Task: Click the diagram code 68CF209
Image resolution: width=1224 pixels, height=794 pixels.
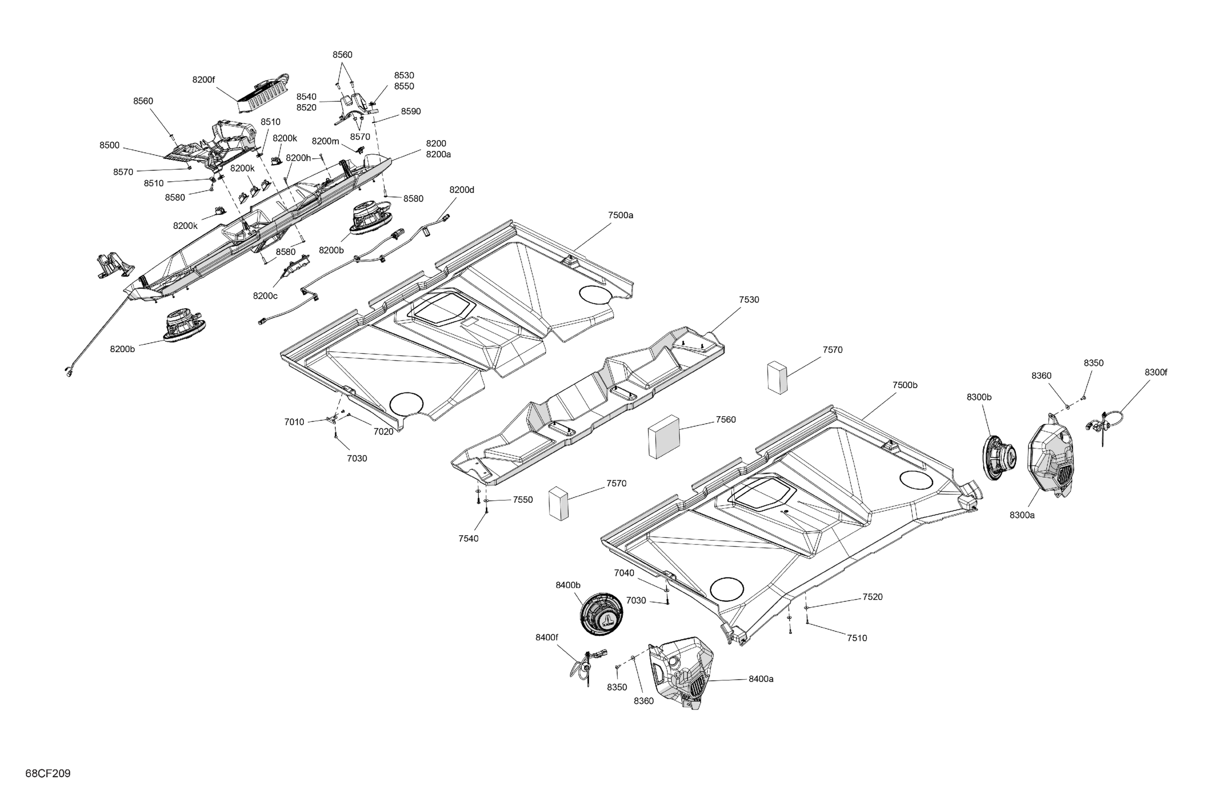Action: point(48,773)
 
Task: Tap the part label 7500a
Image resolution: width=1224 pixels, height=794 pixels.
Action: point(620,215)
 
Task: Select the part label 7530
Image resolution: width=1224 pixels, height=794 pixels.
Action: point(748,299)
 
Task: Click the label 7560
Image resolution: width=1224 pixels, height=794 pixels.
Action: point(725,419)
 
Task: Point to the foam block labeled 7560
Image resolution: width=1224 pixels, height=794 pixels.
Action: point(664,437)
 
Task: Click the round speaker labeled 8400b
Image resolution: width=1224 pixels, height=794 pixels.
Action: point(601,614)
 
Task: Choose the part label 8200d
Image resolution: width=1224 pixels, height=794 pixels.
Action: point(461,190)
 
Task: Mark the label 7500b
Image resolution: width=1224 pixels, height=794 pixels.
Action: point(905,385)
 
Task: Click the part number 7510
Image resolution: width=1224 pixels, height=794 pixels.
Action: point(856,638)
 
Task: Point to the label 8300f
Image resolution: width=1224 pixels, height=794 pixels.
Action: point(1155,372)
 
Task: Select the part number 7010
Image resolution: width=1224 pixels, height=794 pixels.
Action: point(294,422)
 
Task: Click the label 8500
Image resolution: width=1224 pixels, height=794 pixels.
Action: point(109,145)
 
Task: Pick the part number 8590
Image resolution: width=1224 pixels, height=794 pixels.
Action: point(410,111)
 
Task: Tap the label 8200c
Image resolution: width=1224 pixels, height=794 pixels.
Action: point(265,296)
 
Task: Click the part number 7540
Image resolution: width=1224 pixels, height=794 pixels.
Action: point(468,538)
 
